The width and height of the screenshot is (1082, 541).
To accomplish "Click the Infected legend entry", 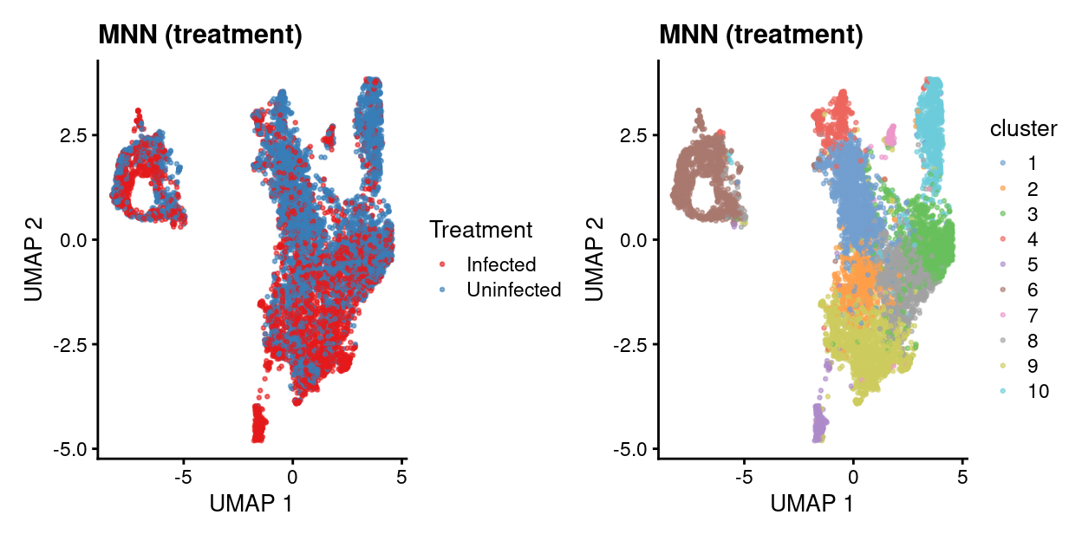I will pos(501,264).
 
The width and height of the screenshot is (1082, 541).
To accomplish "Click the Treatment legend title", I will pos(480,230).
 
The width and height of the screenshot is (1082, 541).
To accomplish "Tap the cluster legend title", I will pos(1023,129).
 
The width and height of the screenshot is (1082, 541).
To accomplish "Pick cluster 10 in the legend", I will pos(1038,391).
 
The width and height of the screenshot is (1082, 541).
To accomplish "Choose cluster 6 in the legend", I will pos(1032,290).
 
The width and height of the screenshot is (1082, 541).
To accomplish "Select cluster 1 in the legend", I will pos(1032,163).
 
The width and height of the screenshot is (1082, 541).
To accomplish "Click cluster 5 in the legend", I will pos(1032,264).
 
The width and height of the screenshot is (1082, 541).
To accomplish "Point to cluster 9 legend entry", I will pos(1032,366).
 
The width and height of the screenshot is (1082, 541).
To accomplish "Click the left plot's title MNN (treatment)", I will pos(199,36).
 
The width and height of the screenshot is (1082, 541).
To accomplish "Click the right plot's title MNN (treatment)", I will pos(760,36).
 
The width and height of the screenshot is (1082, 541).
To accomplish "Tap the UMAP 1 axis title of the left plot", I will pos(251,502).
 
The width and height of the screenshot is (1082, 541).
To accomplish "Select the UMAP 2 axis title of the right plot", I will pos(595,257).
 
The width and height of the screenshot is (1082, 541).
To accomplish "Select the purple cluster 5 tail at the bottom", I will pos(818,425).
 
